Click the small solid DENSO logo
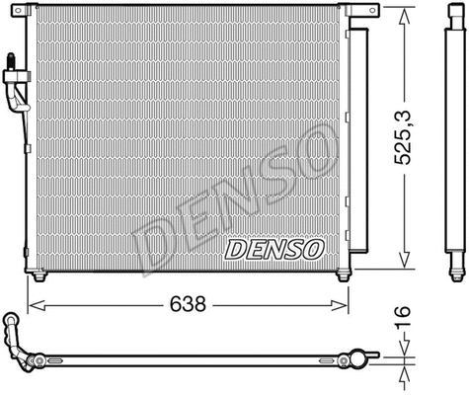coord(268,249)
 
